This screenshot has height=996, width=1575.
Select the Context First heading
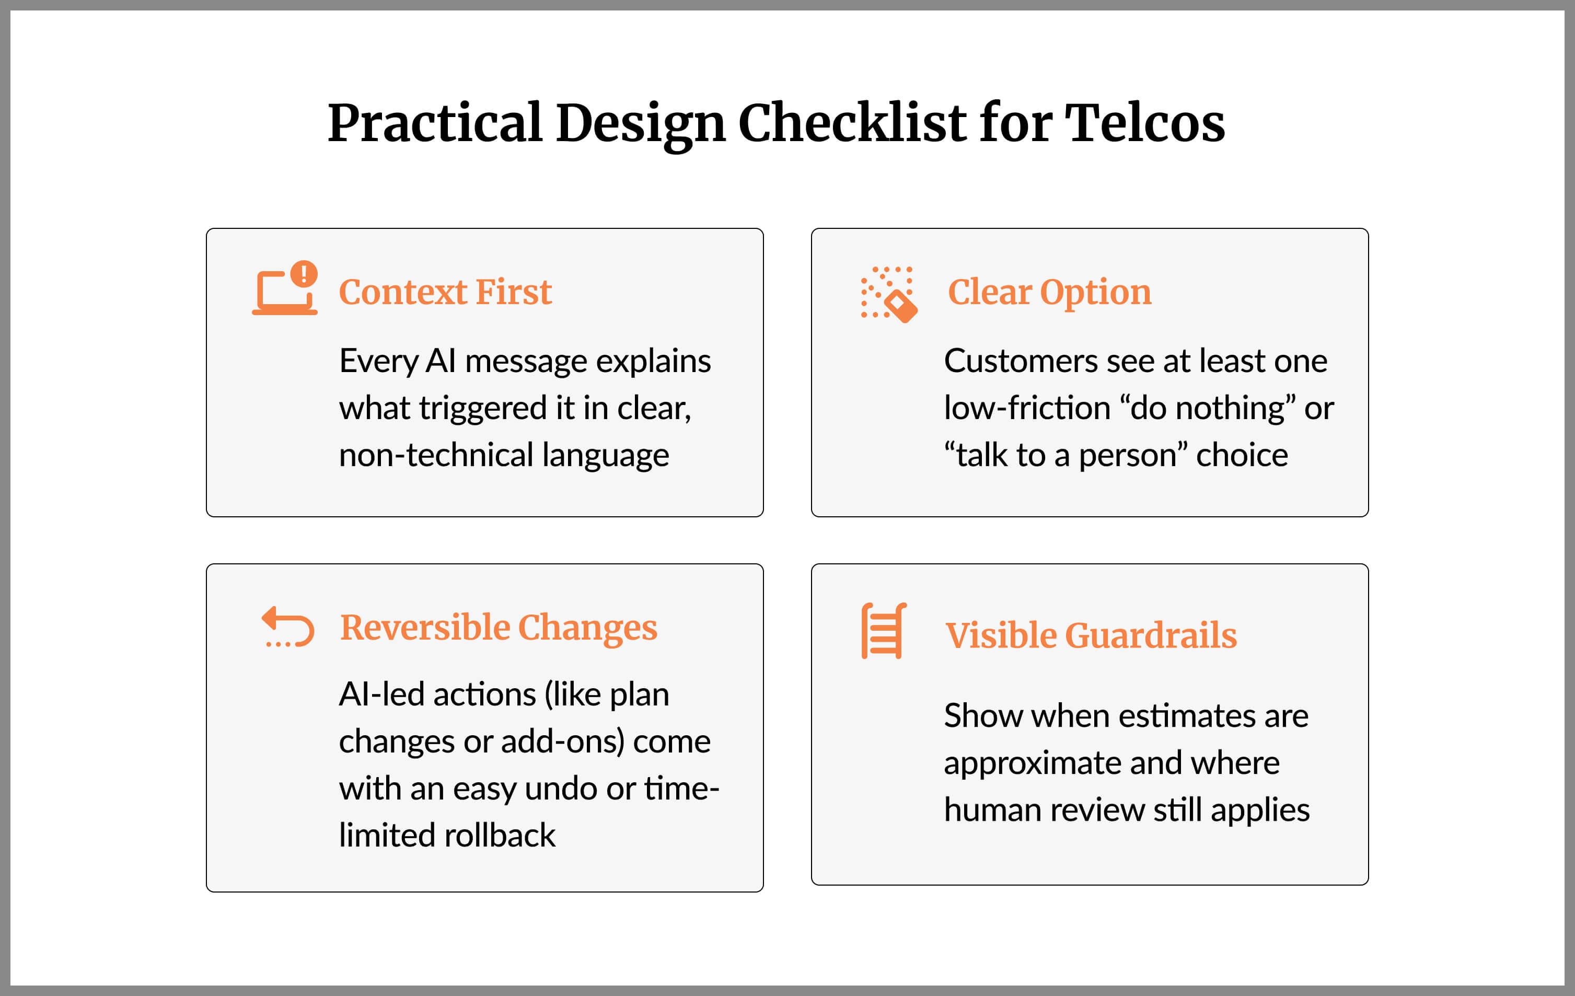445,292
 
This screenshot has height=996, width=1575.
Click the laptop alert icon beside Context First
285,288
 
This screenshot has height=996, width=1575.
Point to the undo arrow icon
288,627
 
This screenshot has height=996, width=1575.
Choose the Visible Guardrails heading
1091,635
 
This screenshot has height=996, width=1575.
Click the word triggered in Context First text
483,409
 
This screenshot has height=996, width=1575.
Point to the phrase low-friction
1027,408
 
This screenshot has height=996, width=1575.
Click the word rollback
500,836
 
